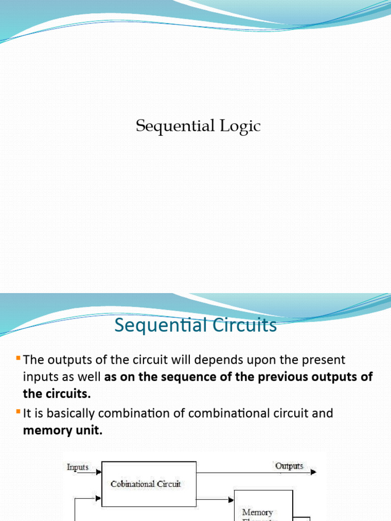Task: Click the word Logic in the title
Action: coord(240,127)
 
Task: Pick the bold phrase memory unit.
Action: coord(63,430)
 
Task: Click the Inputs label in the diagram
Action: coord(78,467)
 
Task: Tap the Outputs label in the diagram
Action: coord(289,466)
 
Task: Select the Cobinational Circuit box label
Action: coord(146,484)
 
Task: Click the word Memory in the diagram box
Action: coord(258,512)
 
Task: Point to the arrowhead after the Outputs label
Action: coord(314,472)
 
